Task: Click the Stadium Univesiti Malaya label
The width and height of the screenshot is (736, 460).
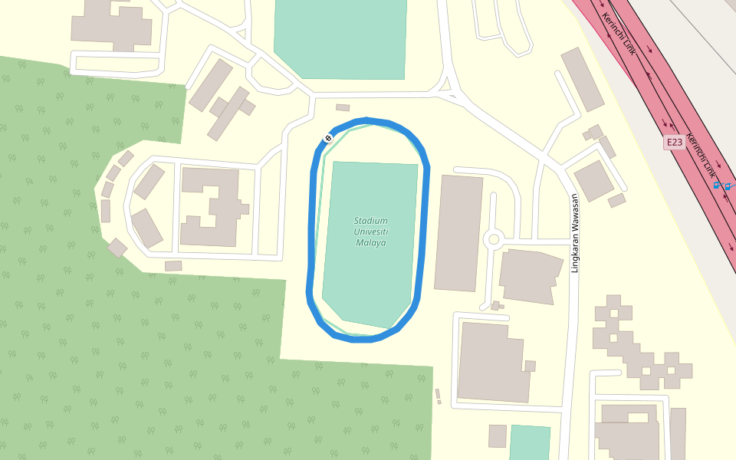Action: click(371, 232)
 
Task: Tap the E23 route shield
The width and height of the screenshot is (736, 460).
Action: click(674, 143)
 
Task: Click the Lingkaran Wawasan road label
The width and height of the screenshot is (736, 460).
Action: click(574, 233)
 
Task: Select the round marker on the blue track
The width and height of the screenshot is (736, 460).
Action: click(328, 138)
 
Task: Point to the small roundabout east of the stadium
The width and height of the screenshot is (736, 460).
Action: click(494, 239)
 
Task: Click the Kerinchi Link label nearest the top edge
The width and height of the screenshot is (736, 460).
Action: click(619, 34)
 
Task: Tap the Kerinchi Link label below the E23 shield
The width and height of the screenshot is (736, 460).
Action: click(701, 156)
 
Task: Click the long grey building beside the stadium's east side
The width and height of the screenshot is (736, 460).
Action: click(458, 233)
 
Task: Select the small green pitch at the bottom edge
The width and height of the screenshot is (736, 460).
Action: click(529, 443)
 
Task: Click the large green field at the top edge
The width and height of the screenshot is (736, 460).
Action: click(340, 38)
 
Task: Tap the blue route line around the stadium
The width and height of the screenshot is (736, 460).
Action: click(425, 230)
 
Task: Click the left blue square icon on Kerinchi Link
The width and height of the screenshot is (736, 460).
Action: click(717, 185)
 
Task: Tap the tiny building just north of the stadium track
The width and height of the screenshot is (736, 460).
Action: click(343, 107)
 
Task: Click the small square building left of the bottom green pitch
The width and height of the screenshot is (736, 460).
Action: click(498, 435)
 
